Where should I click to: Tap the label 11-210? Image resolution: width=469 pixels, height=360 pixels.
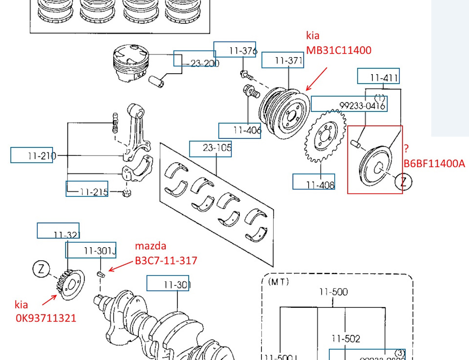point(41,156)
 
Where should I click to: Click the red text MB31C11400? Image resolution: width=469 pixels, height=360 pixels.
point(339,50)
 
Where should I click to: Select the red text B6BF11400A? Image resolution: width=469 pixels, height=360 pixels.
point(434,164)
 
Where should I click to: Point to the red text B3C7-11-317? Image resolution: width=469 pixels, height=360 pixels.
point(166,260)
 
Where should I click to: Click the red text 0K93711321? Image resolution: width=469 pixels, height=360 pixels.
point(45,318)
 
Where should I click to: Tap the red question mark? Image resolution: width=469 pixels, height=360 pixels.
point(406,148)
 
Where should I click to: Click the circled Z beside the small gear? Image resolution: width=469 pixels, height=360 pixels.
point(42,268)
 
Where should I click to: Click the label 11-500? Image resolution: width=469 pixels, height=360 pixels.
point(333,292)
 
